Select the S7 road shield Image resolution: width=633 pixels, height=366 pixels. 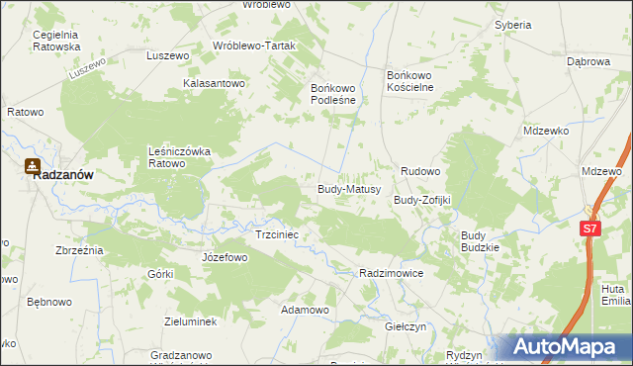pyautogui.click(x=589, y=229)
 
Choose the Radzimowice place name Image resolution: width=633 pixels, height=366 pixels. pyautogui.click(x=392, y=272)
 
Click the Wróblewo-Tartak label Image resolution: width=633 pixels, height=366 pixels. pyautogui.click(x=254, y=46)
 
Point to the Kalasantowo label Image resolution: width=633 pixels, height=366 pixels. pyautogui.click(x=214, y=84)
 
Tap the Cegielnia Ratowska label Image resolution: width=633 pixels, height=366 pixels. pyautogui.click(x=55, y=41)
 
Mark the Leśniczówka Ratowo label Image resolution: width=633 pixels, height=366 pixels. pyautogui.click(x=180, y=156)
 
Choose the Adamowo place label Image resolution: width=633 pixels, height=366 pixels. pyautogui.click(x=305, y=310)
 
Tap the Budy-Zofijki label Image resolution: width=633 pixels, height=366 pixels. pyautogui.click(x=422, y=200)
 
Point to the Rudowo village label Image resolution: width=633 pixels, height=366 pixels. pyautogui.click(x=419, y=171)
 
